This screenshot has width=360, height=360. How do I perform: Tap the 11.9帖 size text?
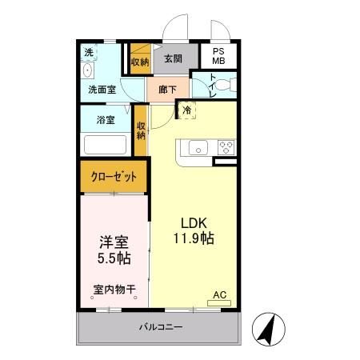tap(194, 238)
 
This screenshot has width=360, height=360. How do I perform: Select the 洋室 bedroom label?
tap(112, 239)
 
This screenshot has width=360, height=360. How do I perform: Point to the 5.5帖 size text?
tap(112, 258)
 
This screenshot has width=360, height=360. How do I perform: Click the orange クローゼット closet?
tap(114, 177)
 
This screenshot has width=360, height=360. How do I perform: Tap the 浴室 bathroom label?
tap(106, 120)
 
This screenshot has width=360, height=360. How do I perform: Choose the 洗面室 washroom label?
tap(103, 90)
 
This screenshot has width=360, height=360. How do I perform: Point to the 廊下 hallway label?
tap(168, 89)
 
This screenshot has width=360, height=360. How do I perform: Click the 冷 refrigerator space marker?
tap(186, 110)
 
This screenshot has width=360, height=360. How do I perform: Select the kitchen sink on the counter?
tap(198, 147)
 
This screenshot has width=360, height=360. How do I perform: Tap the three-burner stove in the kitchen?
tap(226, 147)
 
